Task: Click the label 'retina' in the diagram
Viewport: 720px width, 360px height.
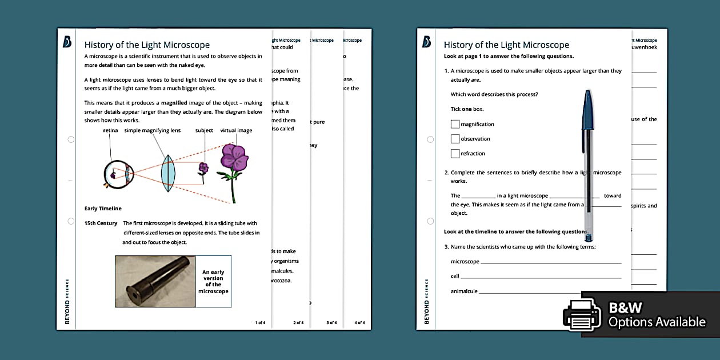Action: point(110,130)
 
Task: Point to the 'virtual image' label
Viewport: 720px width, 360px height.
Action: point(236,130)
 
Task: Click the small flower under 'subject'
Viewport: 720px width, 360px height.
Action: point(203,169)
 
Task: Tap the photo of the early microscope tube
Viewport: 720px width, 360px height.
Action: point(155,281)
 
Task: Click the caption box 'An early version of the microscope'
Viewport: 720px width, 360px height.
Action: point(213,282)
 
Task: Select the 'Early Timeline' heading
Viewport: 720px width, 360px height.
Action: point(103,209)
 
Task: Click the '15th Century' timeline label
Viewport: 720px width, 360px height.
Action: point(101,223)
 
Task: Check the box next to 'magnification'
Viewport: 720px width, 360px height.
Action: point(455,124)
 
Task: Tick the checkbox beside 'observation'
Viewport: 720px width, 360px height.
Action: point(455,139)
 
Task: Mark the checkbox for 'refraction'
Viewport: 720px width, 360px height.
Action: point(455,154)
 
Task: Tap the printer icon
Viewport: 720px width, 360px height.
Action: point(582,314)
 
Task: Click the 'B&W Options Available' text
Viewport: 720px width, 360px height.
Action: point(657,315)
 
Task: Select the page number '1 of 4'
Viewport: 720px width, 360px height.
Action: point(260,322)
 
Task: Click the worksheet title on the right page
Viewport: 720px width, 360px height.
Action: point(506,45)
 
